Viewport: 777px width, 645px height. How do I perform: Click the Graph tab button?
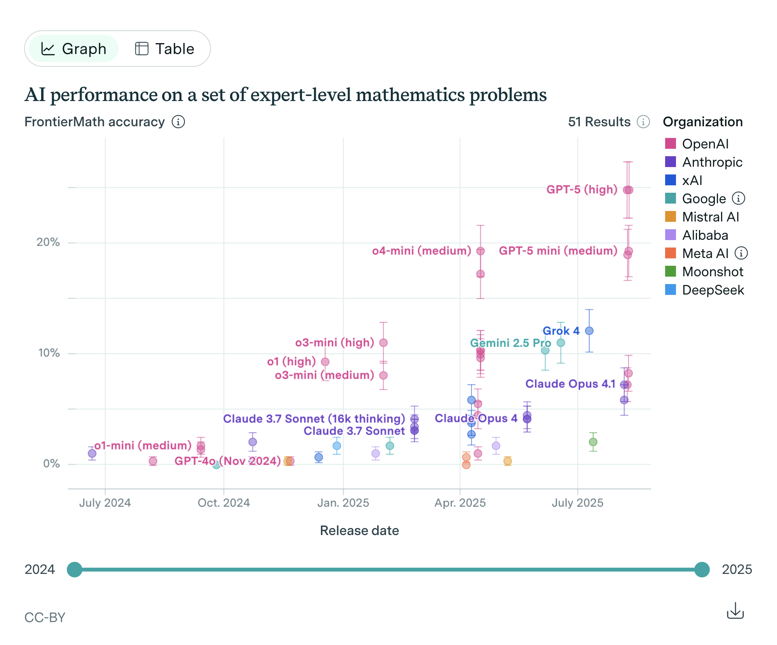click(73, 49)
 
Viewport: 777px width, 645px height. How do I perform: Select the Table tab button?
click(164, 49)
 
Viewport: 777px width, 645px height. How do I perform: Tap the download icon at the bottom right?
click(735, 611)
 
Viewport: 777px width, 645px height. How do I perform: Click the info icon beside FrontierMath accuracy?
click(178, 122)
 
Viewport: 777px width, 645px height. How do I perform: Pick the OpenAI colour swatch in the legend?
click(670, 144)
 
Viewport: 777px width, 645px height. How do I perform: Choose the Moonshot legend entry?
click(713, 272)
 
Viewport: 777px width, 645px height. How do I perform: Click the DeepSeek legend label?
click(713, 290)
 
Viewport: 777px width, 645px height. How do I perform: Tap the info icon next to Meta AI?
click(741, 253)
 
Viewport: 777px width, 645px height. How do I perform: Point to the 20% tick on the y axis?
click(48, 242)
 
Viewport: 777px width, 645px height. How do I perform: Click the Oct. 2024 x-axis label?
click(224, 503)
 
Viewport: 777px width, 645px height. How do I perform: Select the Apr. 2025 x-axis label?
click(460, 503)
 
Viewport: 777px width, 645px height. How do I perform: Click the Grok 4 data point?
click(589, 331)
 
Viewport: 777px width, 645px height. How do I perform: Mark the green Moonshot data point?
click(593, 442)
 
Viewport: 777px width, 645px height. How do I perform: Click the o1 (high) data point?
click(325, 362)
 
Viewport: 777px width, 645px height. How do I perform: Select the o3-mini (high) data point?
click(383, 343)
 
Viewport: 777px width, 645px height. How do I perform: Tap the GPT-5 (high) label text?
click(582, 190)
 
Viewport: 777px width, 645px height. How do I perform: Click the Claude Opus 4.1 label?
click(570, 384)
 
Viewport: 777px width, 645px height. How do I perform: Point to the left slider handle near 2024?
click(75, 570)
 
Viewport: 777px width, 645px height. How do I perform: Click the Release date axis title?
click(359, 531)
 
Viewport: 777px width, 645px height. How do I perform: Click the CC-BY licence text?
click(45, 617)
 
